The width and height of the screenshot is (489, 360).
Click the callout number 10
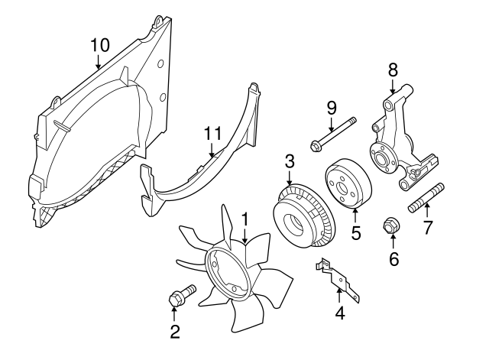coord(99,45)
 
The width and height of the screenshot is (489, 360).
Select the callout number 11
coord(212,135)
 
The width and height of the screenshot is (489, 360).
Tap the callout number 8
coord(393,70)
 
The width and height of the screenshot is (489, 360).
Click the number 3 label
coord(290,161)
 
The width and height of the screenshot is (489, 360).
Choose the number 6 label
coord(393,260)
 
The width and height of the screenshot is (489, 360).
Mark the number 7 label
coord(429,227)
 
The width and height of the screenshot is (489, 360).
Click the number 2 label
coord(175,331)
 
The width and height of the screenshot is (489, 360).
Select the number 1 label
coord(245,219)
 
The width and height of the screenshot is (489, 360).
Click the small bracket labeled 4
coord(338,277)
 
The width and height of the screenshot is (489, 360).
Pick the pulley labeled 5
coord(346,186)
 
